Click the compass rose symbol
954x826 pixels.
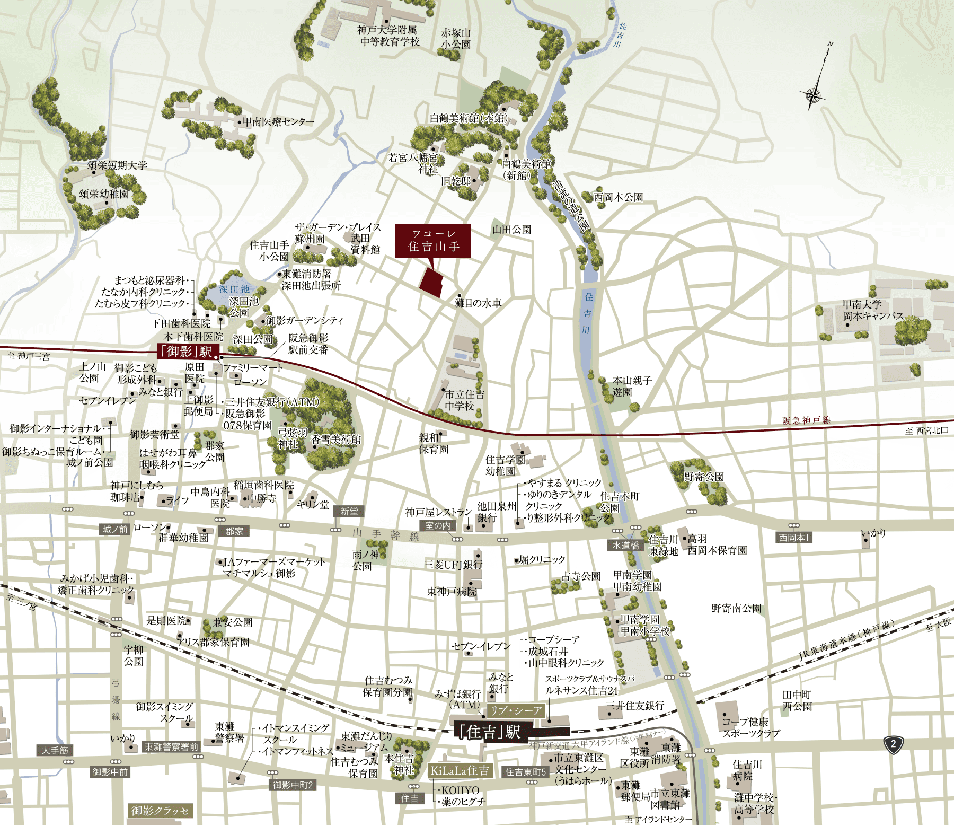tap(813, 95)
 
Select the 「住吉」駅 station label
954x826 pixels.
tap(489, 732)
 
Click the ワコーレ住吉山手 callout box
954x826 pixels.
tap(432, 241)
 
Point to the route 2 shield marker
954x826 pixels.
tap(893, 744)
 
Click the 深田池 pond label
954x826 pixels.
tap(234, 289)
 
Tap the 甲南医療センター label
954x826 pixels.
tap(278, 122)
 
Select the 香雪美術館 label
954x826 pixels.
tap(335, 440)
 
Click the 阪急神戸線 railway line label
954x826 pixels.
tap(806, 420)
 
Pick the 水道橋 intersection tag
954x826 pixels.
tap(626, 545)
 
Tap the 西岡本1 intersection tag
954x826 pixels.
tap(793, 538)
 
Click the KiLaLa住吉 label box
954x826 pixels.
tap(460, 770)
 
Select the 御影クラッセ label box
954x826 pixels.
tap(160, 811)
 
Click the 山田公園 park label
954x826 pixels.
tap(511, 230)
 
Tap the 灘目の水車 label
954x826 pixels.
tap(478, 303)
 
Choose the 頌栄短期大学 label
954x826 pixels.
tap(117, 165)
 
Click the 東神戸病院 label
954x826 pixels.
tap(452, 591)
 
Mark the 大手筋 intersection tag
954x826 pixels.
tap(55, 750)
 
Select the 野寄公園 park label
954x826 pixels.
tap(704, 477)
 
